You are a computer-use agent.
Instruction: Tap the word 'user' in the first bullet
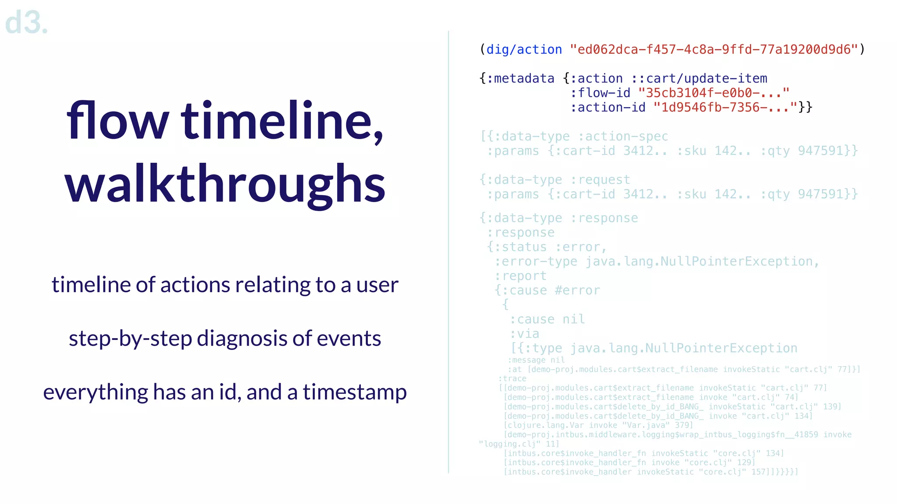pyautogui.click(x=377, y=285)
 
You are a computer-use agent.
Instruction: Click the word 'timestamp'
pyautogui.click(x=354, y=392)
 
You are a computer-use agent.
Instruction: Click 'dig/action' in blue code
pyautogui.click(x=524, y=49)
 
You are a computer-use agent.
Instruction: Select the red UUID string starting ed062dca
pyautogui.click(x=714, y=49)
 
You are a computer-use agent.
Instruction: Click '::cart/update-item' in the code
pyautogui.click(x=699, y=78)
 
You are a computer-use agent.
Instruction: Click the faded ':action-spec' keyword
pyautogui.click(x=623, y=136)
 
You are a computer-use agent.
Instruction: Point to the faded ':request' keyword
pyautogui.click(x=600, y=180)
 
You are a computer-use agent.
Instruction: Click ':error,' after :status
pyautogui.click(x=581, y=247)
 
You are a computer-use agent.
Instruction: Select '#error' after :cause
pyautogui.click(x=577, y=290)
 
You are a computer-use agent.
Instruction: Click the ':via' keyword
pyautogui.click(x=524, y=334)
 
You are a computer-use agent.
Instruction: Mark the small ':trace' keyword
pyautogui.click(x=512, y=378)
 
